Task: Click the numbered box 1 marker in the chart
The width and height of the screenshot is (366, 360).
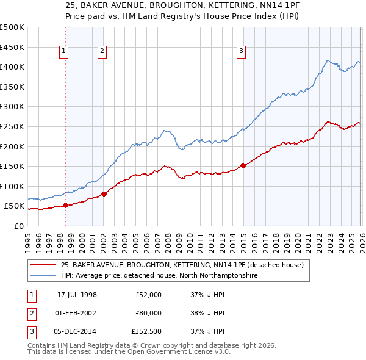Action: [63, 52]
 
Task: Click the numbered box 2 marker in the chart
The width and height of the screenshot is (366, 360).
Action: [102, 52]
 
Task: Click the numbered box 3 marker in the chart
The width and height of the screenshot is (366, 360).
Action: [242, 52]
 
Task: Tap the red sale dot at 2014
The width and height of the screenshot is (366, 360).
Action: [243, 165]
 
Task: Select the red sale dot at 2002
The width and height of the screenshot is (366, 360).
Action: [104, 194]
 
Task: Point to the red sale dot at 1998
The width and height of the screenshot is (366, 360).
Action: [65, 205]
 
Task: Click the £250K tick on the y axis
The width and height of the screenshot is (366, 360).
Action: [12, 126]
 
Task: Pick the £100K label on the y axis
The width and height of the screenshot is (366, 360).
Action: [12, 186]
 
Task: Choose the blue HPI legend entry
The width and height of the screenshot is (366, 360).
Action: [159, 276]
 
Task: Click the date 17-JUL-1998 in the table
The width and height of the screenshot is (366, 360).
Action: [77, 295]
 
